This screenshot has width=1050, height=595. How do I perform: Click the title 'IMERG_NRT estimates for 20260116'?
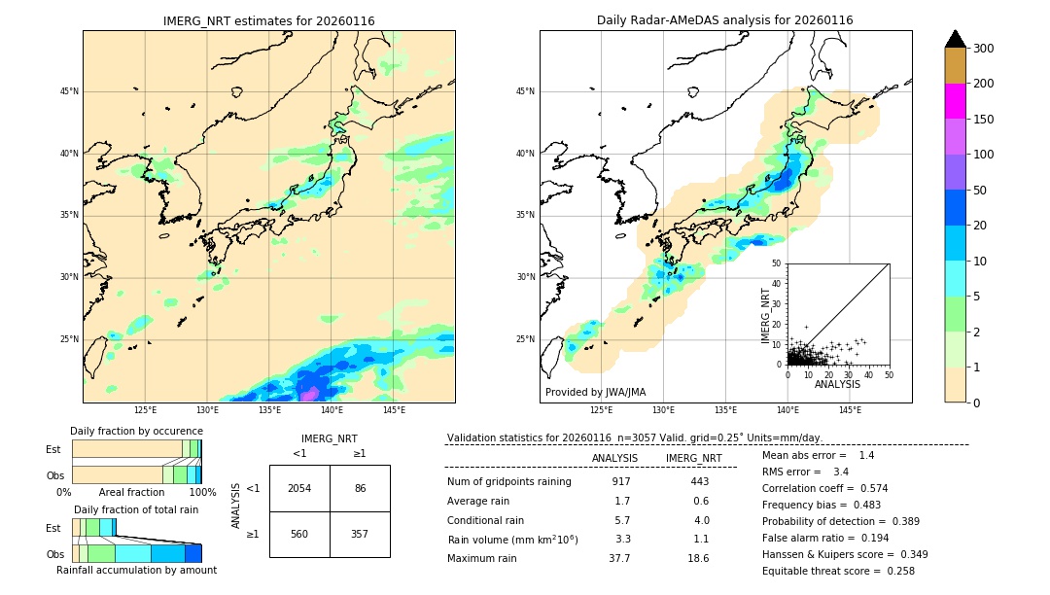tap(268, 20)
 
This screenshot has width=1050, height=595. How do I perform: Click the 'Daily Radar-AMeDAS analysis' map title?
tap(724, 20)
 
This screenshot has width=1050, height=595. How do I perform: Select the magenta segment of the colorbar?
tap(956, 101)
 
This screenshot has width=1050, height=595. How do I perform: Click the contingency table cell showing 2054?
tap(299, 488)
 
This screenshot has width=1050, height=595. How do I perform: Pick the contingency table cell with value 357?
tap(360, 534)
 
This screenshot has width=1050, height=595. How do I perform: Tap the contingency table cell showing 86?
tap(360, 488)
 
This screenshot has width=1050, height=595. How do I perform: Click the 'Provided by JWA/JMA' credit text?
tap(595, 393)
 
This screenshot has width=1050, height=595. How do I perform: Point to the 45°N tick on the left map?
tap(69, 91)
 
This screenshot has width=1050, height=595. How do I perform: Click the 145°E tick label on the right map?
tap(850, 410)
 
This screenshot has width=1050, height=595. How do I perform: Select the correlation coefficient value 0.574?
tap(868, 488)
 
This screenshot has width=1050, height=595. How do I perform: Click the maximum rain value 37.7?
tap(619, 558)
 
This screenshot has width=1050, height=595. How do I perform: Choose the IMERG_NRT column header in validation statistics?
tap(693, 458)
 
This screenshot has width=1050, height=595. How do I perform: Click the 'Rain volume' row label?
tap(512, 540)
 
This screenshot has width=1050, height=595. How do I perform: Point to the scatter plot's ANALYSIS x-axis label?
tap(837, 385)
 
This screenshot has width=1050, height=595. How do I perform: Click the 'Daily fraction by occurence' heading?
tap(136, 431)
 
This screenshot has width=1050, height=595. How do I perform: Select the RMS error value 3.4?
tap(841, 472)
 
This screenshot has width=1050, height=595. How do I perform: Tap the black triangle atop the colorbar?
tap(956, 39)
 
